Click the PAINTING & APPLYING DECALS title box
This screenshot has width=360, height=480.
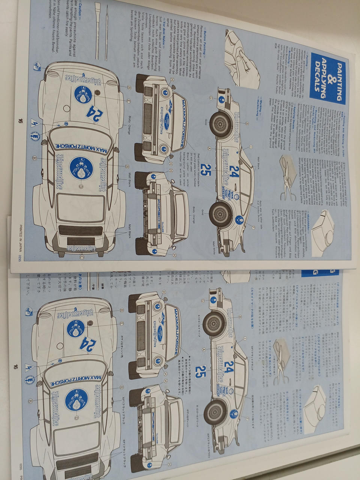328,78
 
